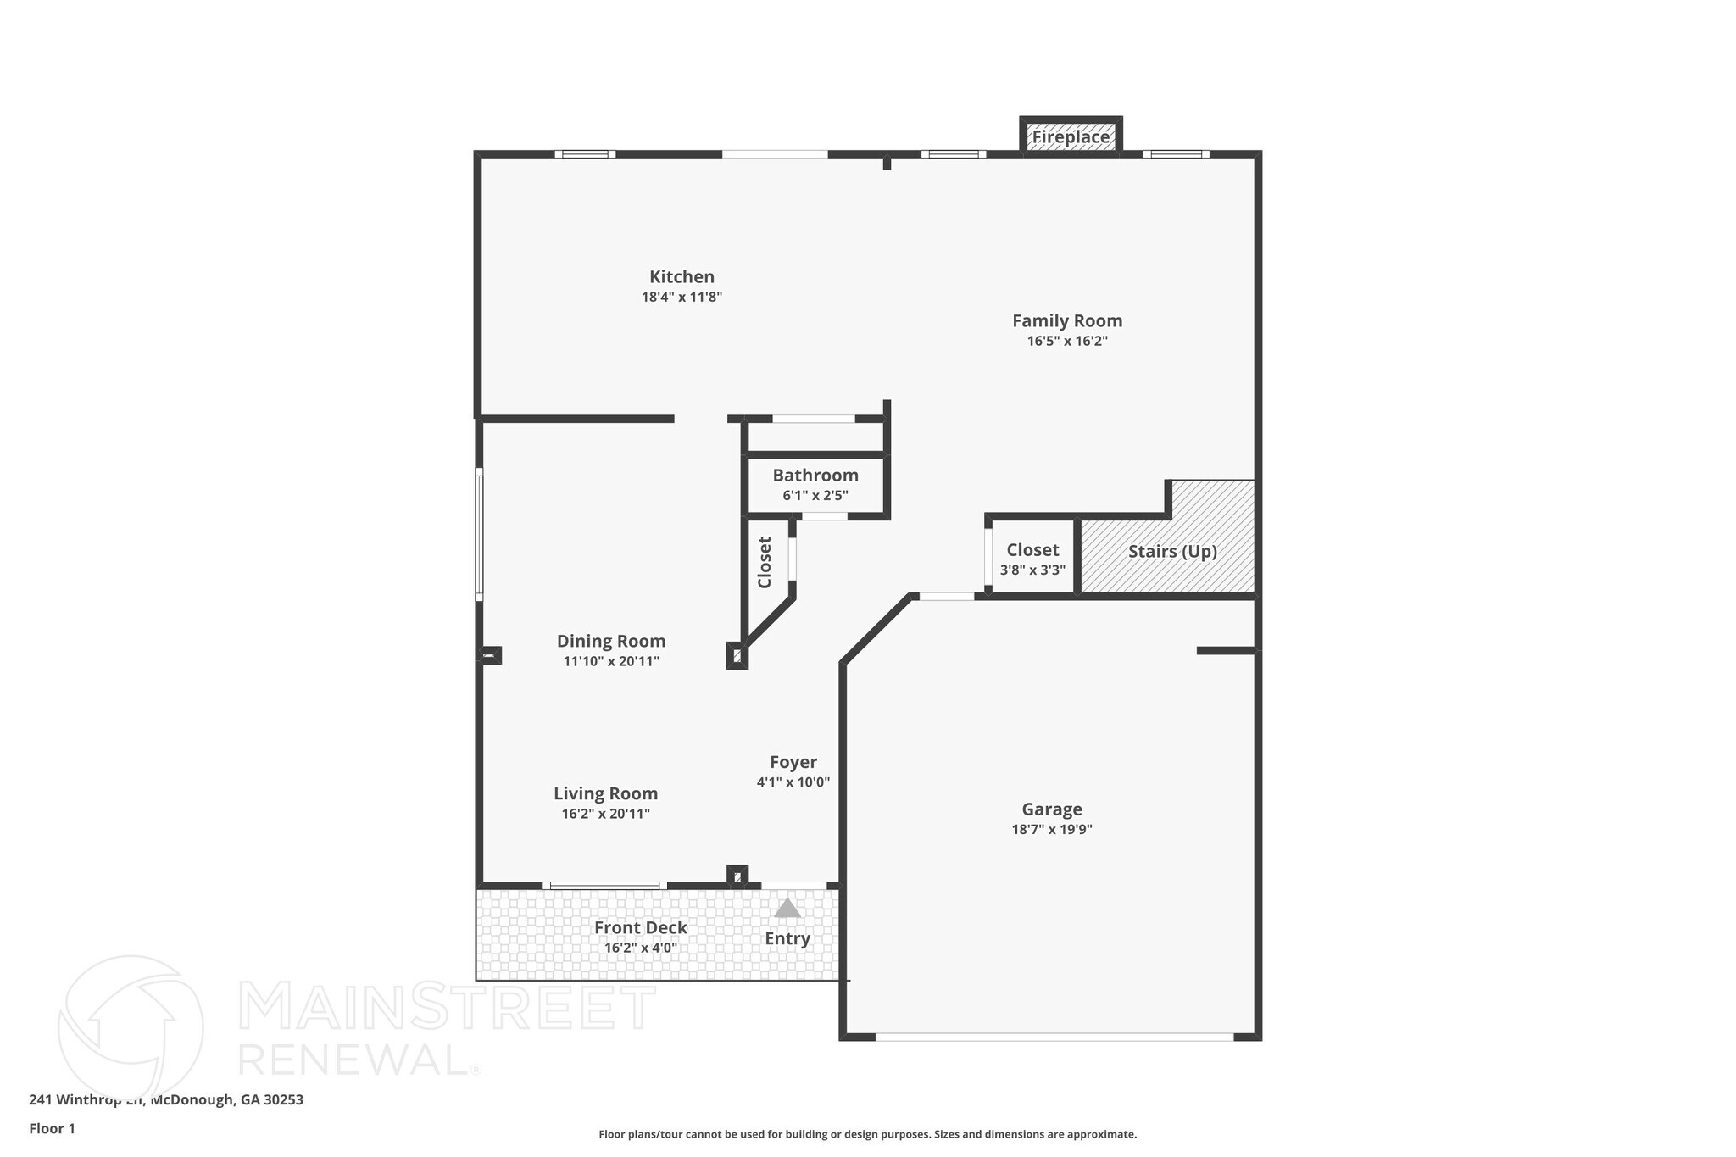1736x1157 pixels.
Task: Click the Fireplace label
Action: [1070, 137]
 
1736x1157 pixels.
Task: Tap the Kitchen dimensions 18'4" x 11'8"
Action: [682, 298]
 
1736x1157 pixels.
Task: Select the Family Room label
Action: [1067, 321]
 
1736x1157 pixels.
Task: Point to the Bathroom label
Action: [815, 476]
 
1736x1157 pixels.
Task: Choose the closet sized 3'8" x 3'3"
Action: [1032, 559]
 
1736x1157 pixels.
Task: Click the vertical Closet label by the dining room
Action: [765, 562]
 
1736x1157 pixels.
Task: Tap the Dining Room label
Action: [611, 642]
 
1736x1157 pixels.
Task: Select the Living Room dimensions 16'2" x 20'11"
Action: [605, 815]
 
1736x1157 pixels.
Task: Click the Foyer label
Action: [793, 762]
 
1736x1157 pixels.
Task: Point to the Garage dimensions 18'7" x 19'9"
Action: [1051, 830]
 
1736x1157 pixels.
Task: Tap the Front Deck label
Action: [640, 927]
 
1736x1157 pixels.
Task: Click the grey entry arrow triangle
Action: [787, 909]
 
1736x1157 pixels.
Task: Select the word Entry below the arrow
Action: [787, 939]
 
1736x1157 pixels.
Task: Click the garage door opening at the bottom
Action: [1054, 1037]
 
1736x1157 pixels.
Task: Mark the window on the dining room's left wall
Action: [479, 534]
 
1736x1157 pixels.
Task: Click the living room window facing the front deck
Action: [604, 886]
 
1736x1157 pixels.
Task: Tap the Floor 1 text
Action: [52, 1129]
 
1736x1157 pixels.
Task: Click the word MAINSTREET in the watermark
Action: [447, 1007]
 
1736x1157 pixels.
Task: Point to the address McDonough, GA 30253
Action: [226, 1100]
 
